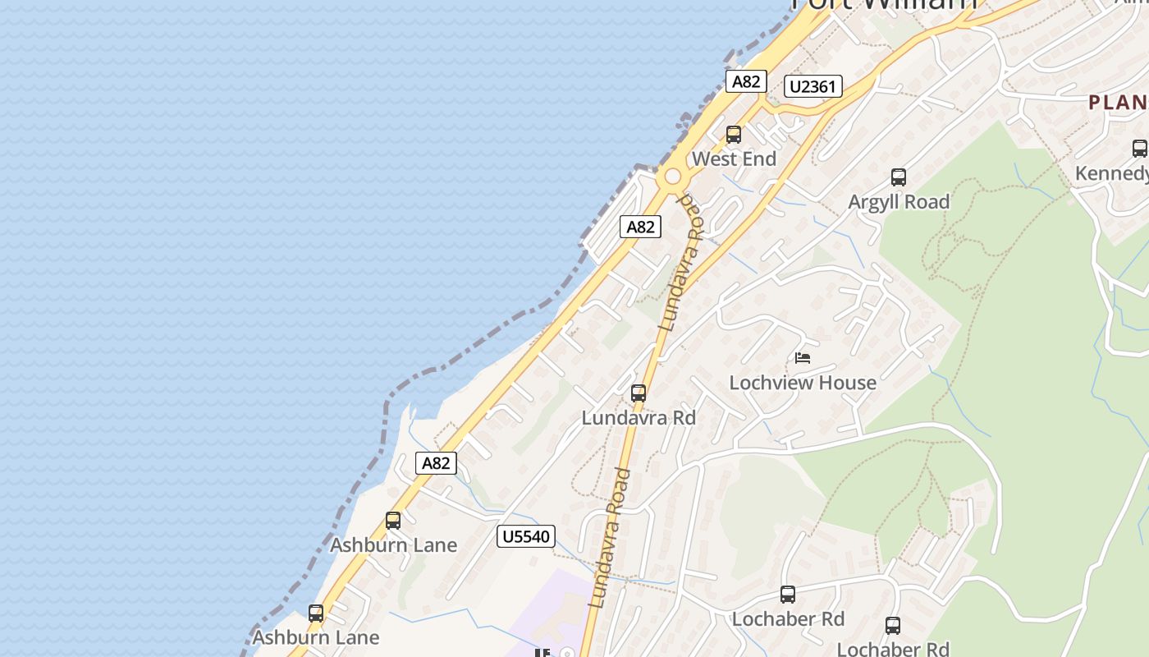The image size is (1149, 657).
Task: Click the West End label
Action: (x=734, y=159)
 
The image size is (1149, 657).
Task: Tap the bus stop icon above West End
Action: (x=734, y=134)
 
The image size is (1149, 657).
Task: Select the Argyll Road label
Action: (x=899, y=201)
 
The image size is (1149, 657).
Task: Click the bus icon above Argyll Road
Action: (x=899, y=177)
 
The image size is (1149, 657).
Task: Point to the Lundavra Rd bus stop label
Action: (x=639, y=417)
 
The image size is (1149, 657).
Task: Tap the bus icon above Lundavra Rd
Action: (x=639, y=393)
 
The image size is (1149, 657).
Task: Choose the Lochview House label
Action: (x=803, y=382)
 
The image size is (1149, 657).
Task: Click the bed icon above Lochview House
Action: (x=803, y=358)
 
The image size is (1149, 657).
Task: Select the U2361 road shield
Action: (x=813, y=86)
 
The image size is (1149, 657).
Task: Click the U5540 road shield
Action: (x=526, y=536)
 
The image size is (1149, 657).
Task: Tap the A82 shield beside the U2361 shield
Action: (x=746, y=81)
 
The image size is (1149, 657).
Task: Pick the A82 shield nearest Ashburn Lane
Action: (x=436, y=462)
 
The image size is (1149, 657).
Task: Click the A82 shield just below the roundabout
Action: (x=640, y=227)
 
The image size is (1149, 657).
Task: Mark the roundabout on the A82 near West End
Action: (x=673, y=176)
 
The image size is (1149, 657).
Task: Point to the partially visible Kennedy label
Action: (x=1112, y=173)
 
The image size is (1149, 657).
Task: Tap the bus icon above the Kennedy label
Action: (x=1139, y=149)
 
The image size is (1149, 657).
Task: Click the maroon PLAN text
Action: (x=1118, y=103)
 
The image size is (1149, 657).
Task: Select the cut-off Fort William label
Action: (x=885, y=4)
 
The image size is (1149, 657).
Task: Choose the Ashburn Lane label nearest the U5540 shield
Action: (x=393, y=544)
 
